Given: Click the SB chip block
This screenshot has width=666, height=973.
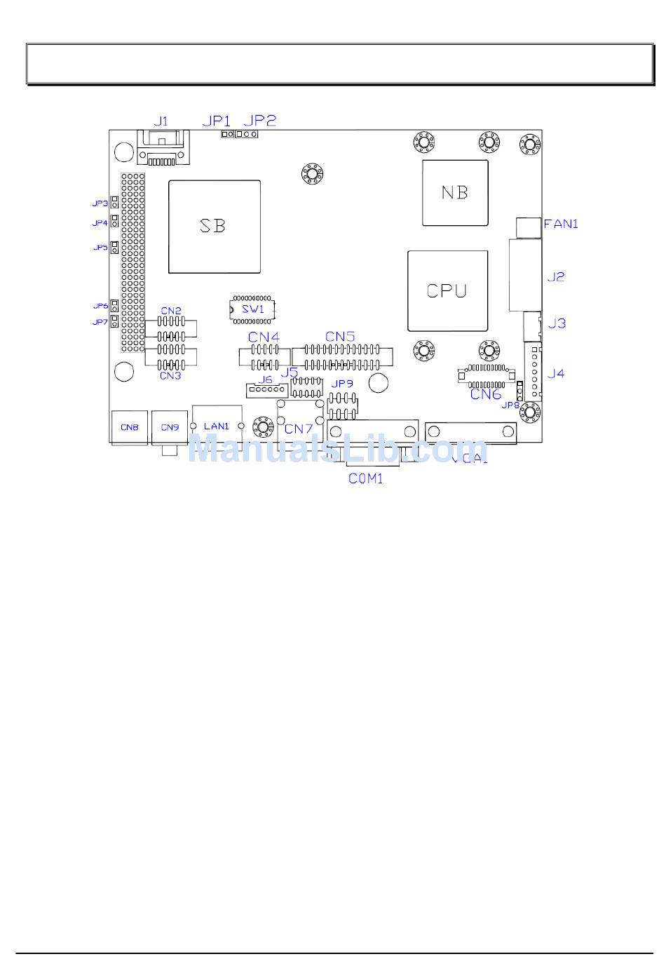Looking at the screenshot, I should pos(214,227).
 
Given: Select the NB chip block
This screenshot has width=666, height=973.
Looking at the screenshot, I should pos(455,192).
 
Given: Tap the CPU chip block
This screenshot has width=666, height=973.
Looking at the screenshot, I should pos(447,290).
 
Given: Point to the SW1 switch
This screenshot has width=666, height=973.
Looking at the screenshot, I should pos(253,309).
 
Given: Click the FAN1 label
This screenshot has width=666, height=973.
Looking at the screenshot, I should pos(561,224).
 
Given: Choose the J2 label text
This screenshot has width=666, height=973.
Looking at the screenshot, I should pos(556,277).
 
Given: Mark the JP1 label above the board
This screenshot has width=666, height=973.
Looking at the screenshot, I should pos(216,121).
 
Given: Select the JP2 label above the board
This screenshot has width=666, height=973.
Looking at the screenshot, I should pos(259,121).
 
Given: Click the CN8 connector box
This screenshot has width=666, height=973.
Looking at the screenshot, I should pos(130,427).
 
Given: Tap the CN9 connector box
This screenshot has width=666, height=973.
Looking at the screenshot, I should pos(170,427).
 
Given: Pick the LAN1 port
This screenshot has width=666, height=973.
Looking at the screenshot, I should pos(217,426).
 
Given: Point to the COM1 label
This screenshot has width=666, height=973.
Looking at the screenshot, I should pos(366,478).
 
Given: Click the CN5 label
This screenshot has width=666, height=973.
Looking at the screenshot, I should pos(340,337).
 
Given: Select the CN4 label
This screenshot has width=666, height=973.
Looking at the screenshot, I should pos(264,337).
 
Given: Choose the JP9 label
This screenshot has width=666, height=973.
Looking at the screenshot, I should pos(342,384).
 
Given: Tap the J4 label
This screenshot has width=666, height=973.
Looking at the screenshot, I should pos(556,373).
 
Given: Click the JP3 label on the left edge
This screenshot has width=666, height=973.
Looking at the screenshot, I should pos(100,203).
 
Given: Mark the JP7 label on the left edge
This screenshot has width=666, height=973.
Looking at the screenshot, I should pos(100,322).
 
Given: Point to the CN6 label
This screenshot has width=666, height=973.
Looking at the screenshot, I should pos(486,394).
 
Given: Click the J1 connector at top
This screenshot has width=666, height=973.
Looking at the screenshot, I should pos(164,149).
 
